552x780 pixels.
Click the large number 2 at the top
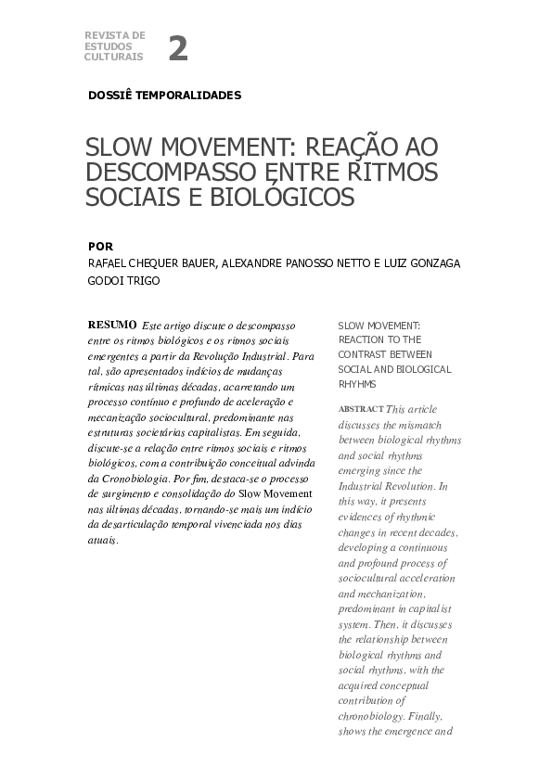click(177, 48)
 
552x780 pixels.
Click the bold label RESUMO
click(111, 326)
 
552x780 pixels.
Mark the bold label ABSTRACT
click(360, 409)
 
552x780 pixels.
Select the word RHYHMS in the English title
click(357, 382)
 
